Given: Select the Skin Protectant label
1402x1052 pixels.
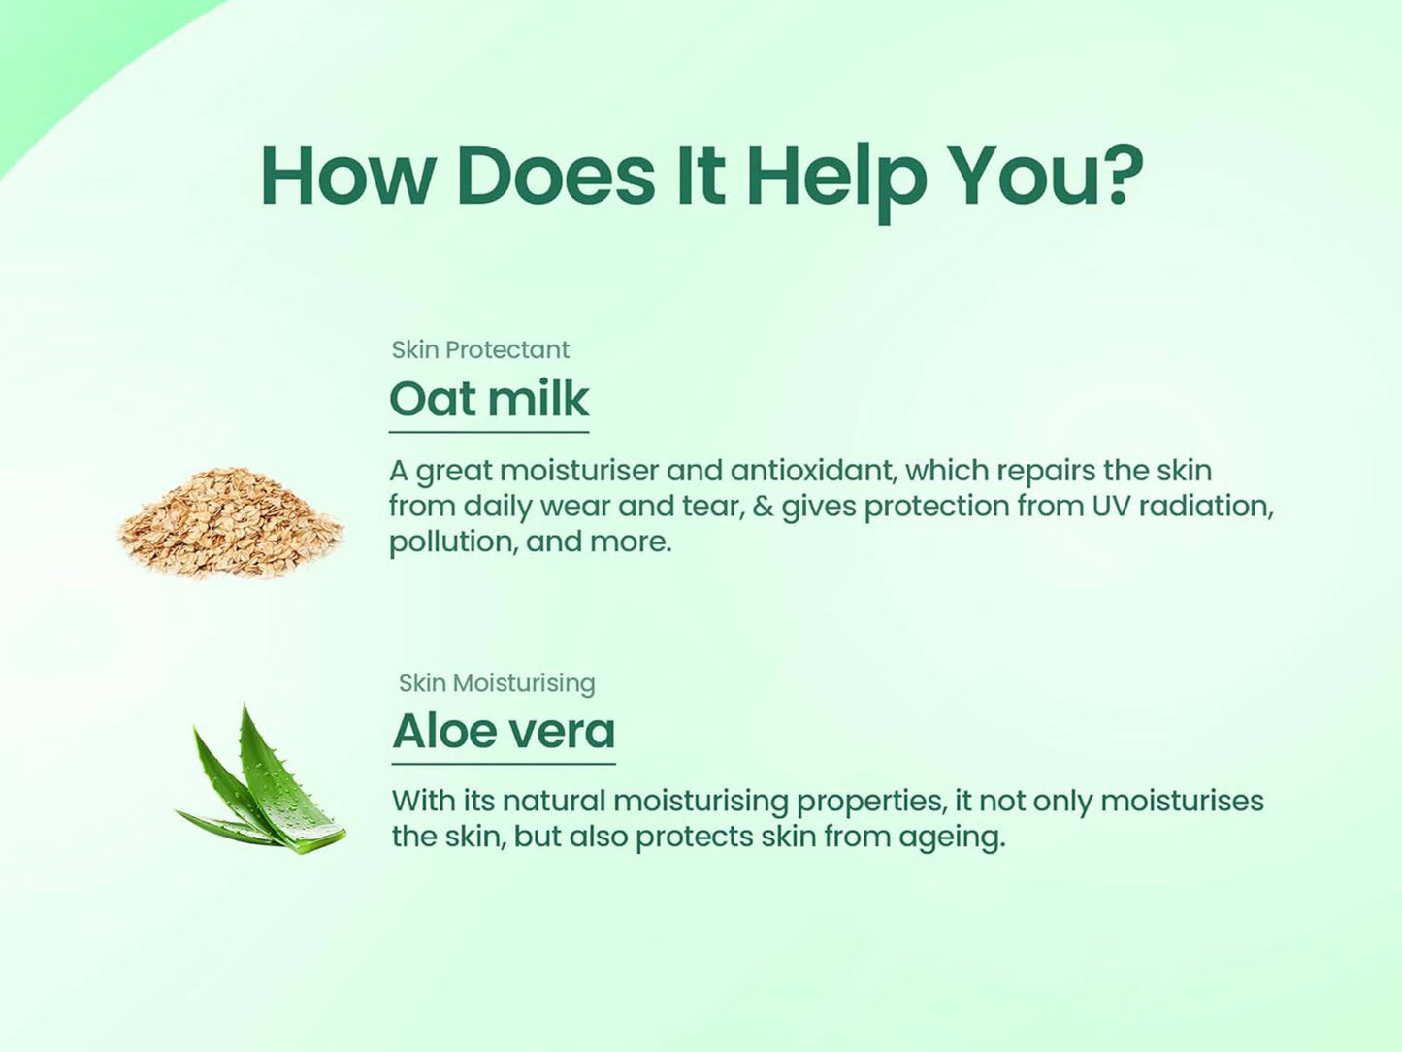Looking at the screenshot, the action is tap(480, 349).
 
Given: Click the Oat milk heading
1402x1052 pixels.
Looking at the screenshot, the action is tap(489, 399).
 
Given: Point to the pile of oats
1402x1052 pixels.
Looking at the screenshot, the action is tap(230, 522).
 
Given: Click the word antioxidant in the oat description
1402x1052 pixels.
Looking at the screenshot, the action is tap(814, 471).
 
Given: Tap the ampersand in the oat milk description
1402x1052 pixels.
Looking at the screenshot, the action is tap(763, 507).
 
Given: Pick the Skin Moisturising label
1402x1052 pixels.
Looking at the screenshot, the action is tap(497, 683).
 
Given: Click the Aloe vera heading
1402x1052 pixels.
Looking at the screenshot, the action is tap(504, 731).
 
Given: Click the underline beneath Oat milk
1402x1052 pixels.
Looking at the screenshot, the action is tap(489, 433).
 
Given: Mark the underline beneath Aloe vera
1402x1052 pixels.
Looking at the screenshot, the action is tap(504, 764).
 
